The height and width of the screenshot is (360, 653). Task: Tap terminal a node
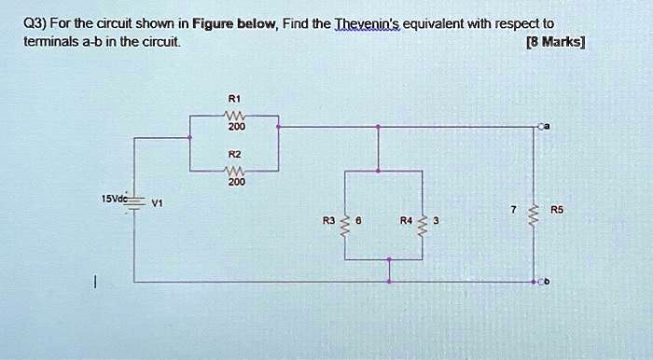click(x=538, y=125)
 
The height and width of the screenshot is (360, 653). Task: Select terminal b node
click(x=538, y=281)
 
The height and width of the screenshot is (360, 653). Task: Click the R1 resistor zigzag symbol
click(x=234, y=115)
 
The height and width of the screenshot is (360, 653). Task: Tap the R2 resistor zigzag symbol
click(x=234, y=171)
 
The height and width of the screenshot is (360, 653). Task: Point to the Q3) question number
click(x=36, y=22)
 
